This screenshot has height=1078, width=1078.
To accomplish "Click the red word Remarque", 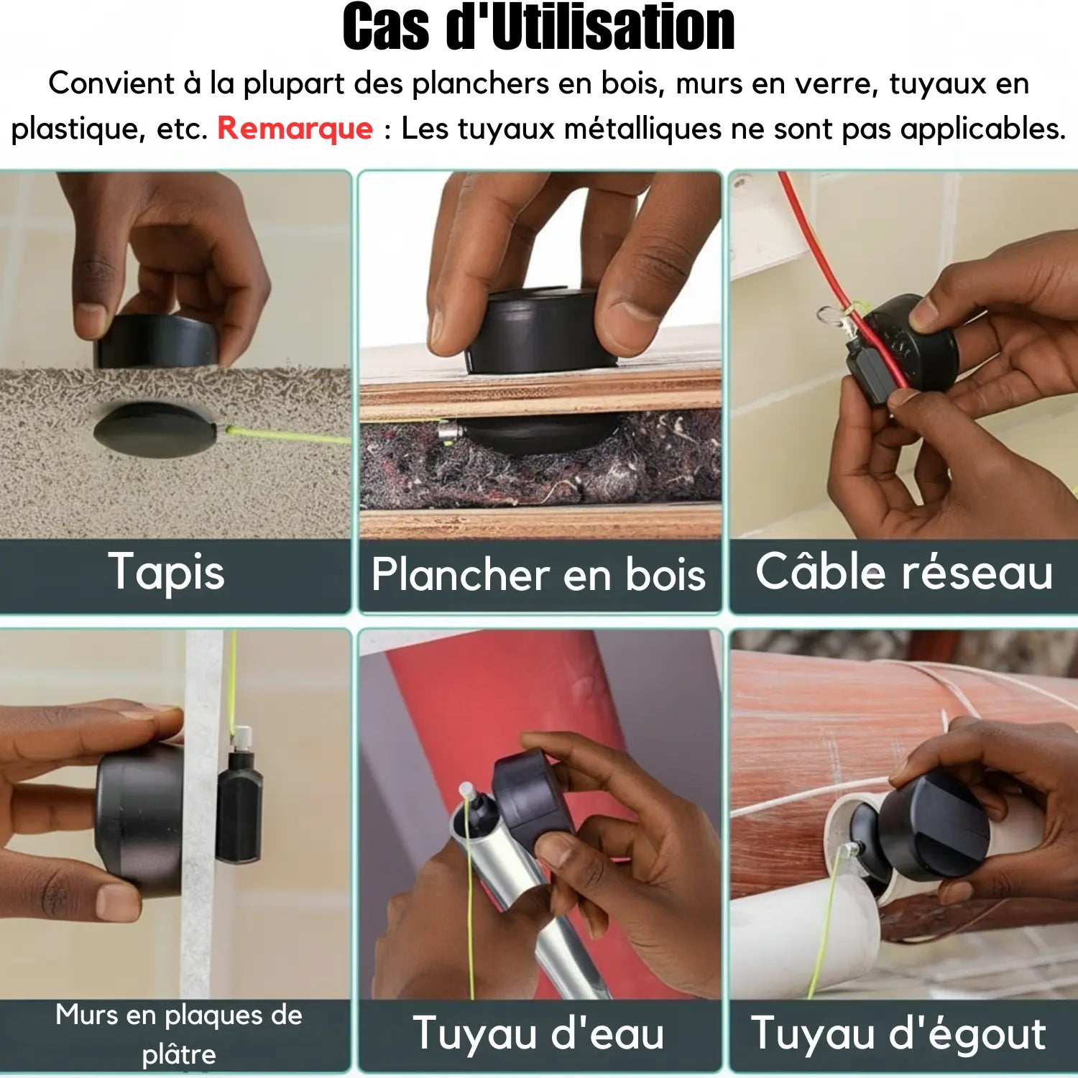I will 295,129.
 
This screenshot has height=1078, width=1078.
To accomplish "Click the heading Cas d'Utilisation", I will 538,29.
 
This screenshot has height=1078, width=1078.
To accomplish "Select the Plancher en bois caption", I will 538,575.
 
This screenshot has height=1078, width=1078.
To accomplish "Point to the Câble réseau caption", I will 903,573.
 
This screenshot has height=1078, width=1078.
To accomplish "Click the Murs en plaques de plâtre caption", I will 178,1033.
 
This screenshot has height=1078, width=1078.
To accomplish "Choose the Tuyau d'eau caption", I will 538,1033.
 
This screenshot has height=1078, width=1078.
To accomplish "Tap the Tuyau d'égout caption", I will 898,1033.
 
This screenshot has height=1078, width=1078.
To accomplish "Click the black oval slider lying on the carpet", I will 155,429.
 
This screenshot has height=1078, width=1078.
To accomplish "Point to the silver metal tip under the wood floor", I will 449,433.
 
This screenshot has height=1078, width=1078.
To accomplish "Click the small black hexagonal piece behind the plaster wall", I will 239,805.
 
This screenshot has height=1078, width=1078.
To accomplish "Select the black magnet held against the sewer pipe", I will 934,826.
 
